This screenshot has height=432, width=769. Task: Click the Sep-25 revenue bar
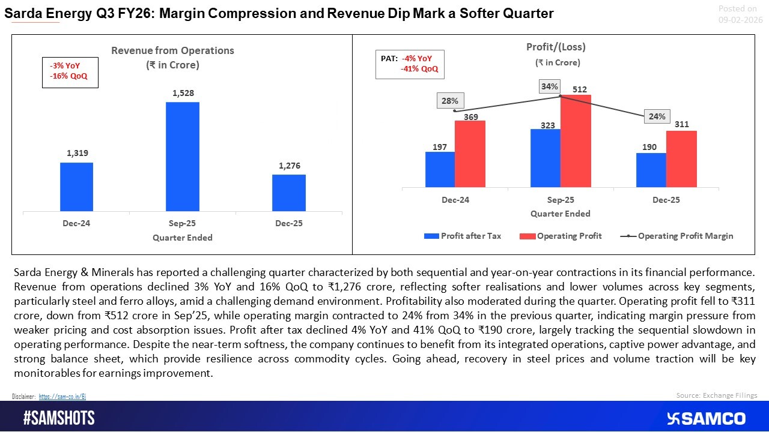182,157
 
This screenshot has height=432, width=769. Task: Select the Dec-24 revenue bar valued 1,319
76,187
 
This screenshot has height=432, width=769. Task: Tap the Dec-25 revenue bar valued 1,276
288,193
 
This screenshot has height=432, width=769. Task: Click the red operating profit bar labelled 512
576,141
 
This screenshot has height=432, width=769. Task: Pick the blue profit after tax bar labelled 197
440,169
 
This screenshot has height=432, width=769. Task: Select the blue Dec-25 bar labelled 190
651,170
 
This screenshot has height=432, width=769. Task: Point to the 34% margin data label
549,86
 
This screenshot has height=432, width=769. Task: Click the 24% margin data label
657,116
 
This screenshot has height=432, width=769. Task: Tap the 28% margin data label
449,101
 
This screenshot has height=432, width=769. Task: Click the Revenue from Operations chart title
172,50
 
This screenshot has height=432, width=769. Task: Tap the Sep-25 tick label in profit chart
560,200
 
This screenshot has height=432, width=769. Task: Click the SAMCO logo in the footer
706,418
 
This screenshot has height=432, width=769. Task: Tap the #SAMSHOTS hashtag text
59,418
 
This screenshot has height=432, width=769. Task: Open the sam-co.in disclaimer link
62,397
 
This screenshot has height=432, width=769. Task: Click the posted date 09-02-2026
740,20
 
